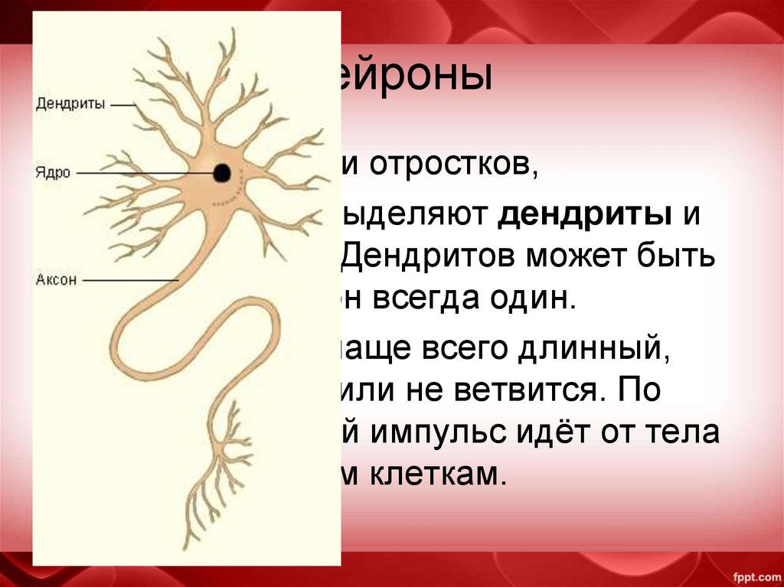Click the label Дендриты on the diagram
pyautogui.click(x=70, y=105)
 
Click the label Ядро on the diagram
pyautogui.click(x=53, y=173)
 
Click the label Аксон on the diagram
pyautogui.click(x=57, y=280)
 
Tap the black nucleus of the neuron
pyautogui.click(x=222, y=172)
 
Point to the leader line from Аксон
pyautogui.click(x=130, y=281)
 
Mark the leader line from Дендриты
pyautogui.click(x=122, y=105)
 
